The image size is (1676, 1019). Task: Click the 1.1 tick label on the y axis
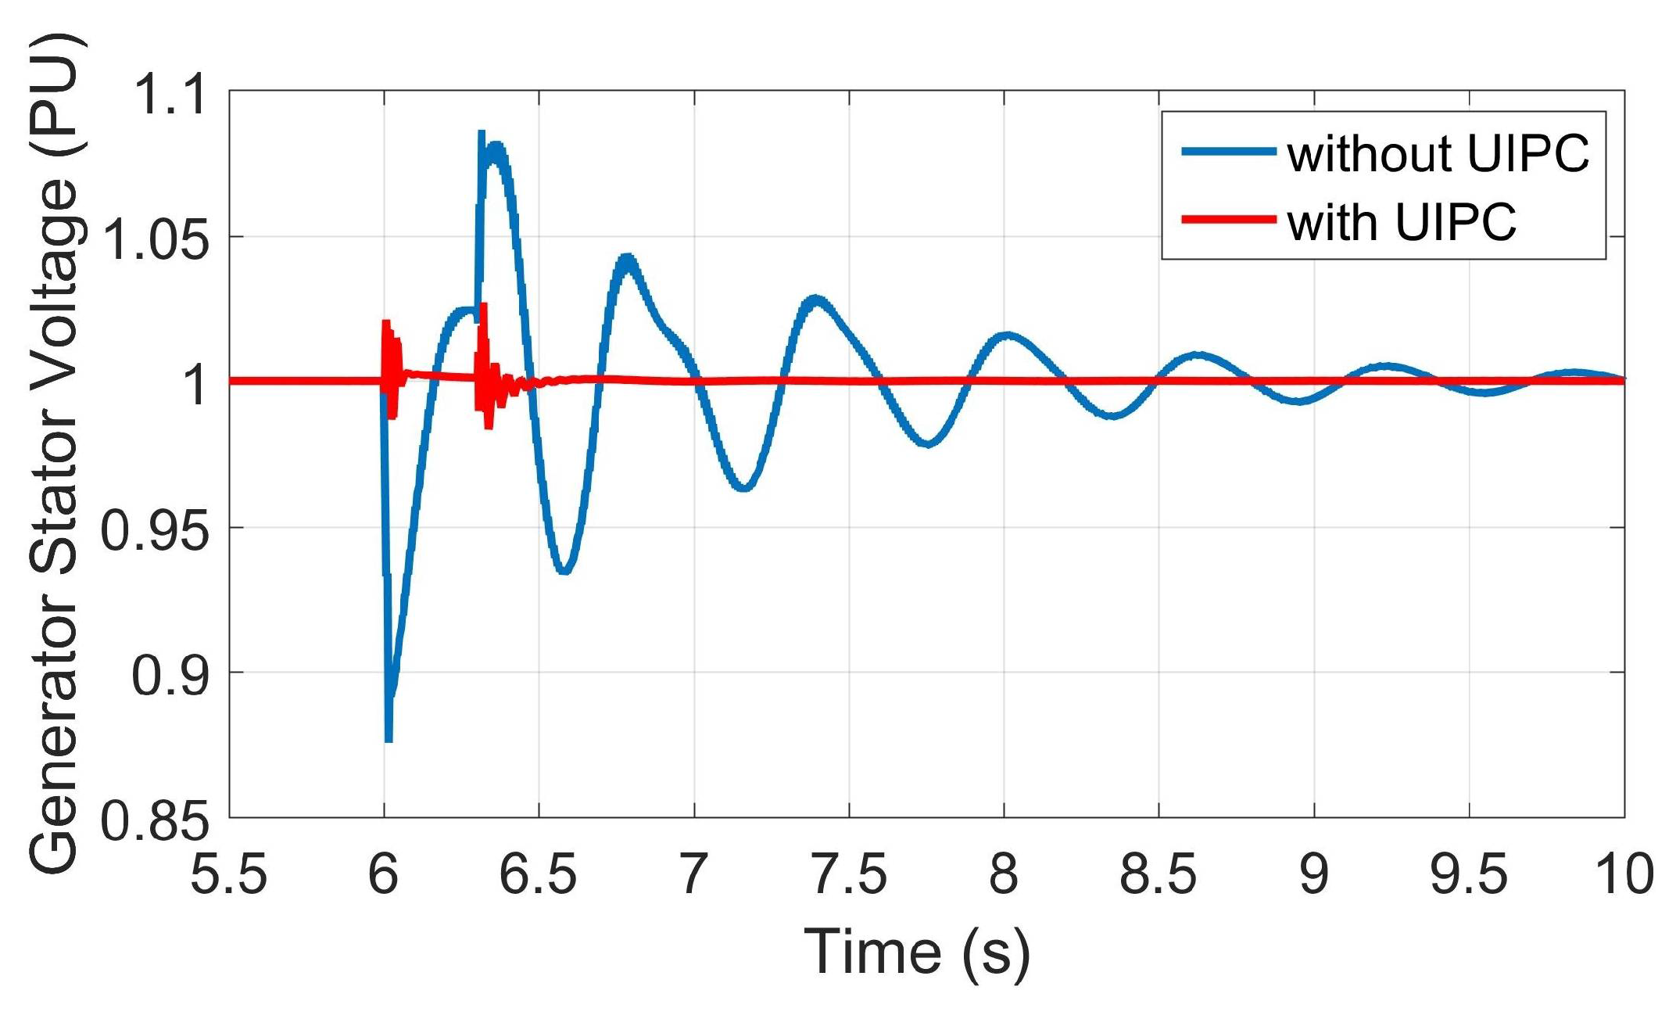coord(170,95)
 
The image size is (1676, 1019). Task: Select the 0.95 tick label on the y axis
coord(156,532)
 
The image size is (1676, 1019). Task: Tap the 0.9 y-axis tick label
coord(170,676)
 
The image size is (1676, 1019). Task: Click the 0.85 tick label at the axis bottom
coord(156,822)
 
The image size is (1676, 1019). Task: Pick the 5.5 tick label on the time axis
coord(228,874)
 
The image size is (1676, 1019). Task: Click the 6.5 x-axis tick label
coord(538,874)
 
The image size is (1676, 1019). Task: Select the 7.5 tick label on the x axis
coord(849,874)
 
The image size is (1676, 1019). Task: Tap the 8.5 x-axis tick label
coord(1158,874)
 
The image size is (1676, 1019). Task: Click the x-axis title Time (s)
coord(917,952)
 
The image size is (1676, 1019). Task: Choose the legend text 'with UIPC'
coord(1402,222)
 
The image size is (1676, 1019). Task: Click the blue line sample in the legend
coord(1228,151)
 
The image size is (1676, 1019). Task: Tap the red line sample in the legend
coord(1228,220)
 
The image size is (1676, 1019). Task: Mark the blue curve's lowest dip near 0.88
coord(389,737)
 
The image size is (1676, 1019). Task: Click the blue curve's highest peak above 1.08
coord(482,135)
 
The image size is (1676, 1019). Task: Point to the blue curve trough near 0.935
coord(564,571)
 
